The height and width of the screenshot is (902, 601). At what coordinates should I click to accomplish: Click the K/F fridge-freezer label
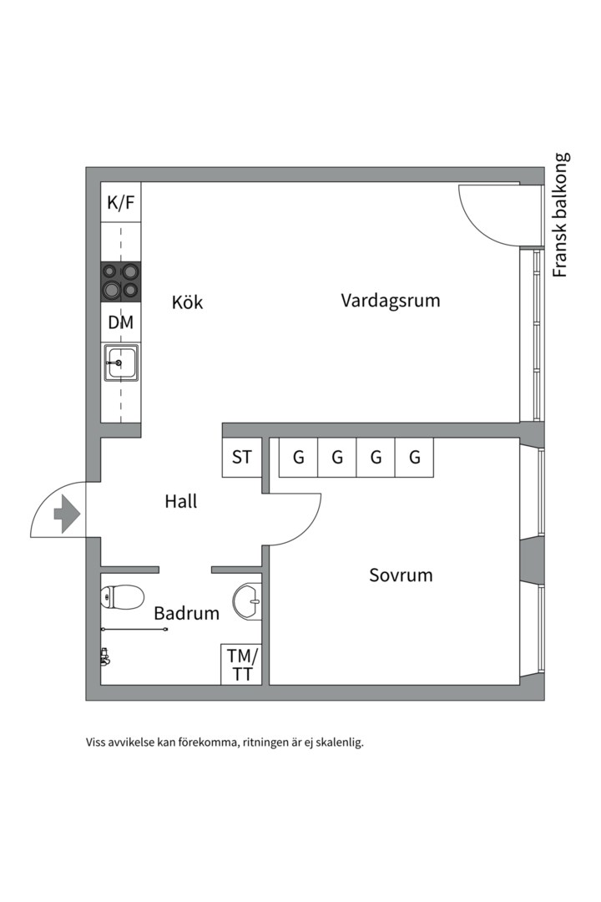click(x=121, y=202)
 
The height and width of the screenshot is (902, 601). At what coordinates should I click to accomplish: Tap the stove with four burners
click(x=121, y=281)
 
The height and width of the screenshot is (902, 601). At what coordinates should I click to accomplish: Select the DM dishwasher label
click(x=121, y=322)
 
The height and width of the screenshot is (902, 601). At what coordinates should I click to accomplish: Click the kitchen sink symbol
click(x=121, y=363)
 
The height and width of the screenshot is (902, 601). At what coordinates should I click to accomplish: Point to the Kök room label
click(x=188, y=302)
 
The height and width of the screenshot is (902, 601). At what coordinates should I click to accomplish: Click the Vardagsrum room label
click(x=390, y=301)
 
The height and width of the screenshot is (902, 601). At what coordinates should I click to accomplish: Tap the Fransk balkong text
click(x=561, y=215)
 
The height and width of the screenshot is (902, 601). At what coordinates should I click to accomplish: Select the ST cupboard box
click(x=242, y=458)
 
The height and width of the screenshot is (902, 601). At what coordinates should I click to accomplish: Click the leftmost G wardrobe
click(x=298, y=458)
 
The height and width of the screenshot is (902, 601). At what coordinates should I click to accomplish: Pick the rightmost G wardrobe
click(x=415, y=458)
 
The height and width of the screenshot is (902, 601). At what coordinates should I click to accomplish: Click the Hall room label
click(x=181, y=502)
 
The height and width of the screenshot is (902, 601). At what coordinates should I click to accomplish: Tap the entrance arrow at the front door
click(x=67, y=513)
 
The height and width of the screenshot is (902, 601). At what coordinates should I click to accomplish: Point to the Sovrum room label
click(x=401, y=575)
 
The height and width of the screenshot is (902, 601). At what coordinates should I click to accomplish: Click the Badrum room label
click(x=186, y=614)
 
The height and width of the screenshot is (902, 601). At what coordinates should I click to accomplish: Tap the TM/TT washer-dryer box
click(x=242, y=665)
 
